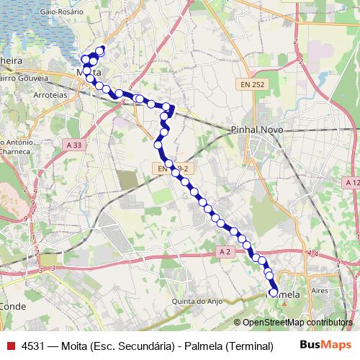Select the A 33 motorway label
click(73, 145)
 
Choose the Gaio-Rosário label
click(33, 12)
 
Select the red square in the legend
click(11, 346)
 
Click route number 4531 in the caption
click(35, 346)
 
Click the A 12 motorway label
click(352, 183)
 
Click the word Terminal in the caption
click(249, 346)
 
